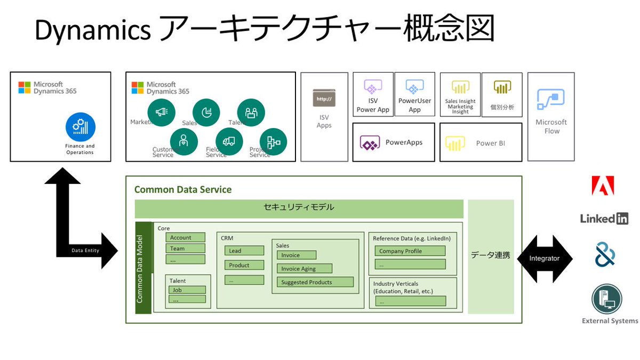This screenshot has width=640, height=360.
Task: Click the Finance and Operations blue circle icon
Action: pos(81,127)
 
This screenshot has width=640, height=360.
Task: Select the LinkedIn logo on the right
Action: pos(604,218)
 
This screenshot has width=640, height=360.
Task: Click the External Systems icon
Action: pos(606,299)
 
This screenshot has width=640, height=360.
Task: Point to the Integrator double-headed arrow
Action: pos(544,259)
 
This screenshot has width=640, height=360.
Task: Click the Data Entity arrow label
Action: pos(85,250)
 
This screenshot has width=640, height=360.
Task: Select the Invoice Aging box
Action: pos(304,268)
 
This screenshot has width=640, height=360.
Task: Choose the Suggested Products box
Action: pos(315,282)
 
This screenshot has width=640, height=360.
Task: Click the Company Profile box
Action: pos(410,251)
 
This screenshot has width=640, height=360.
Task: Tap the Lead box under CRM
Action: pos(244,251)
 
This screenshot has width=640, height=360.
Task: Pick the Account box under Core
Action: pos(185,238)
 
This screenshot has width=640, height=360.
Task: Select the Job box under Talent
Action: pos(187,290)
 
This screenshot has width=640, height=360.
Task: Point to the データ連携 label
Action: pos(490,255)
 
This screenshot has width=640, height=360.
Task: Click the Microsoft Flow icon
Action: pos(551,100)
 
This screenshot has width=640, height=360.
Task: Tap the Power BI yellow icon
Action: pos(455,143)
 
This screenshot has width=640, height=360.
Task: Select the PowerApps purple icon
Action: pos(370,143)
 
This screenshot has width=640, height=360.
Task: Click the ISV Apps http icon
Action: pos(324,99)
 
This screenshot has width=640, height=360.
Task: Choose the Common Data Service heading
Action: pos(183,189)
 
